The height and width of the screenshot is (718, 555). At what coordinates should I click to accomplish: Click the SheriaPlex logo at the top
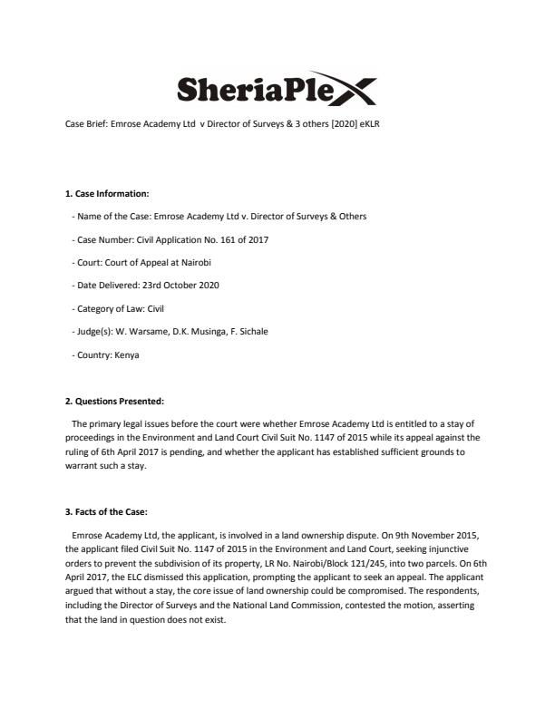(x=276, y=91)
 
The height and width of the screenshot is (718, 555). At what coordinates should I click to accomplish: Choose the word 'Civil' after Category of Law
(x=155, y=308)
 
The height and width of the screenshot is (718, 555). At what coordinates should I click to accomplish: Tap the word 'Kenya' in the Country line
(x=127, y=355)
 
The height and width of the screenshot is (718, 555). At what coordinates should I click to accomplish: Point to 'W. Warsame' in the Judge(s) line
(x=140, y=332)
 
